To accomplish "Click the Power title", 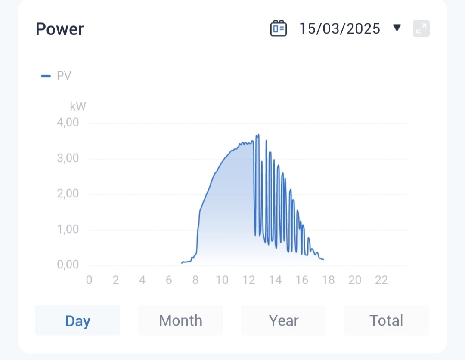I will tap(59, 29).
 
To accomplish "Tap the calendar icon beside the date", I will tap(278, 29).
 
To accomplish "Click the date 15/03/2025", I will tap(340, 29).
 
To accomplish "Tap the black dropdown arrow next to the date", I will tap(397, 28).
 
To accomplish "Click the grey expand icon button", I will tap(421, 29).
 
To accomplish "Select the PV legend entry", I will tap(56, 76).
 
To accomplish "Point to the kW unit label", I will tap(78, 106).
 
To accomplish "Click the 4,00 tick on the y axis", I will tap(68, 123).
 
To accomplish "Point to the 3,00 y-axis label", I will tap(68, 158).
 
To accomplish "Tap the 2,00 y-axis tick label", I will tap(68, 194).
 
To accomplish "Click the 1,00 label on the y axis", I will tap(68, 230).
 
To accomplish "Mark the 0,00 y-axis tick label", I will tap(68, 265).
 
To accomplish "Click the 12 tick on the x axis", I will tap(249, 280).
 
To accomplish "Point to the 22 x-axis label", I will tap(381, 280).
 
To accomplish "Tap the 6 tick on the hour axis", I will tap(169, 280).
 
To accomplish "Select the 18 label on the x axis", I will tap(329, 280).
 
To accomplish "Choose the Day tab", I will tap(77, 320).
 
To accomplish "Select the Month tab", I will tap(180, 320).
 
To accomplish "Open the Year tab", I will tap(283, 320).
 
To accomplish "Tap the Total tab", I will tap(386, 320).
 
